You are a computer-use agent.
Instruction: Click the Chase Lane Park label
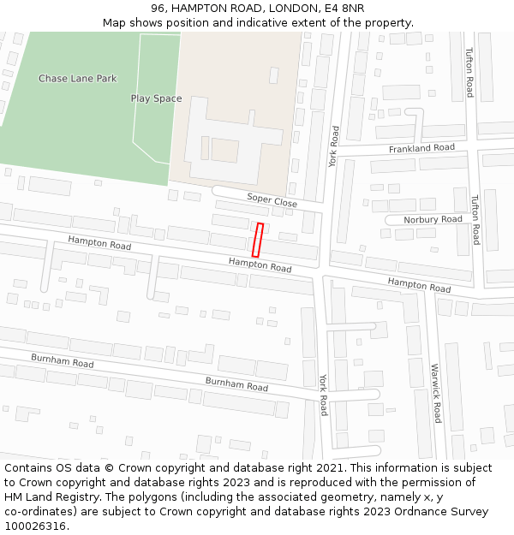point(77,79)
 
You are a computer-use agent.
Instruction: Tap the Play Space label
point(156,98)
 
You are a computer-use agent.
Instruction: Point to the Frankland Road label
point(421,148)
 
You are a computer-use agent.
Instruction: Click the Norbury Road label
point(433,219)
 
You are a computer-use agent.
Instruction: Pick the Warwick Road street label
point(435,394)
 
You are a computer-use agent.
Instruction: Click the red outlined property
point(257,240)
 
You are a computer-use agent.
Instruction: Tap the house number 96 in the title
point(158,8)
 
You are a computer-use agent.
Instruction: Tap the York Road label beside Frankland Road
point(334,146)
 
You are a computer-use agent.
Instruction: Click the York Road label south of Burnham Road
point(323,395)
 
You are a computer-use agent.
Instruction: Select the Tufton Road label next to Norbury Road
point(475,219)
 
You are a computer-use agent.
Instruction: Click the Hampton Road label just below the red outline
point(260,265)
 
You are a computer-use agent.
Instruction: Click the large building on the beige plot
point(231,137)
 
